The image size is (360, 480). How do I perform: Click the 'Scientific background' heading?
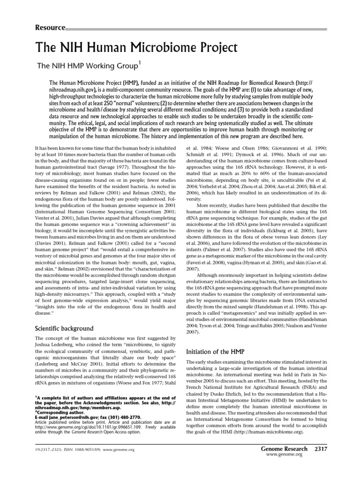(x=65, y=328)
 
